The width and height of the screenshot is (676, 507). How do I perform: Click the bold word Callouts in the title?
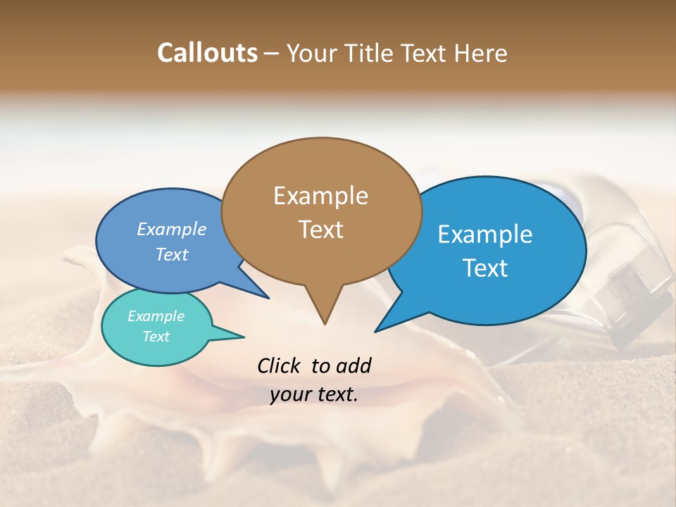tap(207, 53)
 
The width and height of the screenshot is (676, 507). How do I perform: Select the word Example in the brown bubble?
tap(320, 196)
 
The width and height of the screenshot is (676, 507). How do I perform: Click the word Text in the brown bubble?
tap(320, 230)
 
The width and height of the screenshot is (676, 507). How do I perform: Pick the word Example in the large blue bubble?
tap(485, 234)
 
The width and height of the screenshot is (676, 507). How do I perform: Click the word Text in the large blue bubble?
tap(485, 268)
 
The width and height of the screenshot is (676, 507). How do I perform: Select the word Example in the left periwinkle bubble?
tap(172, 229)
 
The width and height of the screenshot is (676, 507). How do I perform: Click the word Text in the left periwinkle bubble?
tap(172, 254)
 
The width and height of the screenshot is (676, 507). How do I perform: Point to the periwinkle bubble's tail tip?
tap(268, 298)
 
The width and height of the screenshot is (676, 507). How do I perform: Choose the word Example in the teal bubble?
tap(156, 316)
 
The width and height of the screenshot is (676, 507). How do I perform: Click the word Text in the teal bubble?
tap(156, 337)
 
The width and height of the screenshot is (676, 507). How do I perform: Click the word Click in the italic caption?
tap(279, 365)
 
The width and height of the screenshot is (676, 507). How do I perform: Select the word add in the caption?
tap(353, 365)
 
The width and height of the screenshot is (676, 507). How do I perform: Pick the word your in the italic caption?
tap(290, 394)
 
